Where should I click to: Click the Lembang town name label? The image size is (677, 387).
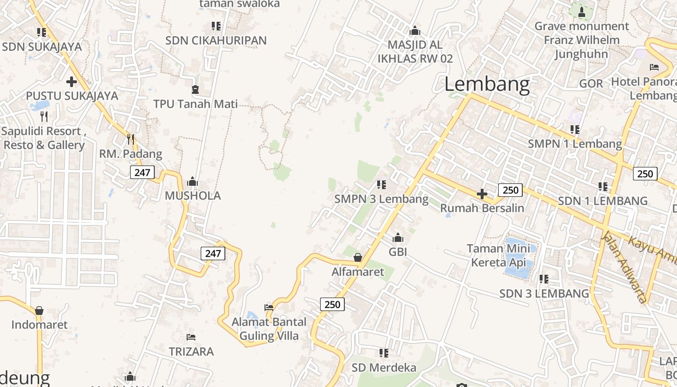pyautogui.click(x=487, y=85)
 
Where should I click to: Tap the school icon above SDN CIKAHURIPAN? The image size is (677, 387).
pyautogui.click(x=216, y=26)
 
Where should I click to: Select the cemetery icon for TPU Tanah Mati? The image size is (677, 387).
pyautogui.click(x=195, y=89)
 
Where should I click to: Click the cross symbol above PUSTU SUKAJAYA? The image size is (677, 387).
pyautogui.click(x=72, y=82)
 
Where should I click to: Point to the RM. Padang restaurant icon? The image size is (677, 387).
pyautogui.click(x=130, y=139)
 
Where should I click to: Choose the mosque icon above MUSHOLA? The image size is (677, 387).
pyautogui.click(x=192, y=181)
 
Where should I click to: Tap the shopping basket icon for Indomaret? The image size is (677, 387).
pyautogui.click(x=39, y=310)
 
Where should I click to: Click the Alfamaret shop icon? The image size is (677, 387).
pyautogui.click(x=358, y=257)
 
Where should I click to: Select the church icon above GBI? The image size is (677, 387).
pyautogui.click(x=398, y=238)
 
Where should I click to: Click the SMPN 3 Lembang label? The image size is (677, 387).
pyautogui.click(x=382, y=199)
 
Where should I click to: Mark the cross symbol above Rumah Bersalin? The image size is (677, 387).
pyautogui.click(x=482, y=194)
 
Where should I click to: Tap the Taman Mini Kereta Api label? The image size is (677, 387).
pyautogui.click(x=498, y=255)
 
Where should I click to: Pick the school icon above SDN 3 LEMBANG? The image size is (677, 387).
pyautogui.click(x=544, y=279)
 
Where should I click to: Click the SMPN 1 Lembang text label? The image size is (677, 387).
pyautogui.click(x=574, y=144)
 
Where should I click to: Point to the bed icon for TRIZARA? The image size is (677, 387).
pyautogui.click(x=191, y=337)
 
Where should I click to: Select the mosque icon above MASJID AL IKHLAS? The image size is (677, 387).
pyautogui.click(x=415, y=31)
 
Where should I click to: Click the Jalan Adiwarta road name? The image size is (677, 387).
pyautogui.click(x=623, y=267)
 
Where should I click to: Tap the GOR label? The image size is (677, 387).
pyautogui.click(x=591, y=84)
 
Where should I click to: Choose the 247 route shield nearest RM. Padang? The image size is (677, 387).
pyautogui.click(x=142, y=172)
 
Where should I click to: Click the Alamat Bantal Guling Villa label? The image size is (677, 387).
pyautogui.click(x=269, y=328)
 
